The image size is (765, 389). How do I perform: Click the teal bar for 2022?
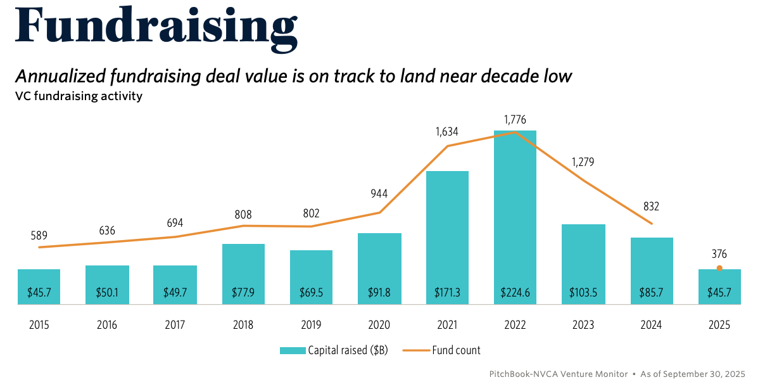(515, 215)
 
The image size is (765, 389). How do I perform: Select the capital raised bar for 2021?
(447, 234)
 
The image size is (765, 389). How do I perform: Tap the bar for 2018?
(243, 272)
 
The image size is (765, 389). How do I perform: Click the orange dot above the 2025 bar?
(719, 268)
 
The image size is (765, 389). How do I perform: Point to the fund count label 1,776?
(515, 120)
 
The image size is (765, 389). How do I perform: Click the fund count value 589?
(39, 235)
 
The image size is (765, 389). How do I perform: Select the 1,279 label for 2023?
(583, 162)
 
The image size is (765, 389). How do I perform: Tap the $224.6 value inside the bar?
(515, 293)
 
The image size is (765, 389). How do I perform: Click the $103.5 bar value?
(583, 293)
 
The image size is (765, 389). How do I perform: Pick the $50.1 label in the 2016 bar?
(107, 293)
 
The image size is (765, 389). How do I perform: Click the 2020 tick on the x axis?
(379, 325)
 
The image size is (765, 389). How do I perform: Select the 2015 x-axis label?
(39, 325)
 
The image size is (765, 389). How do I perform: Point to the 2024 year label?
(651, 325)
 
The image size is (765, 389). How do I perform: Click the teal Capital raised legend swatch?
(292, 350)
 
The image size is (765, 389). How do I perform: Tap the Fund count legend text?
(456, 350)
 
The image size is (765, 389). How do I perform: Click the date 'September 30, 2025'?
(708, 373)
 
